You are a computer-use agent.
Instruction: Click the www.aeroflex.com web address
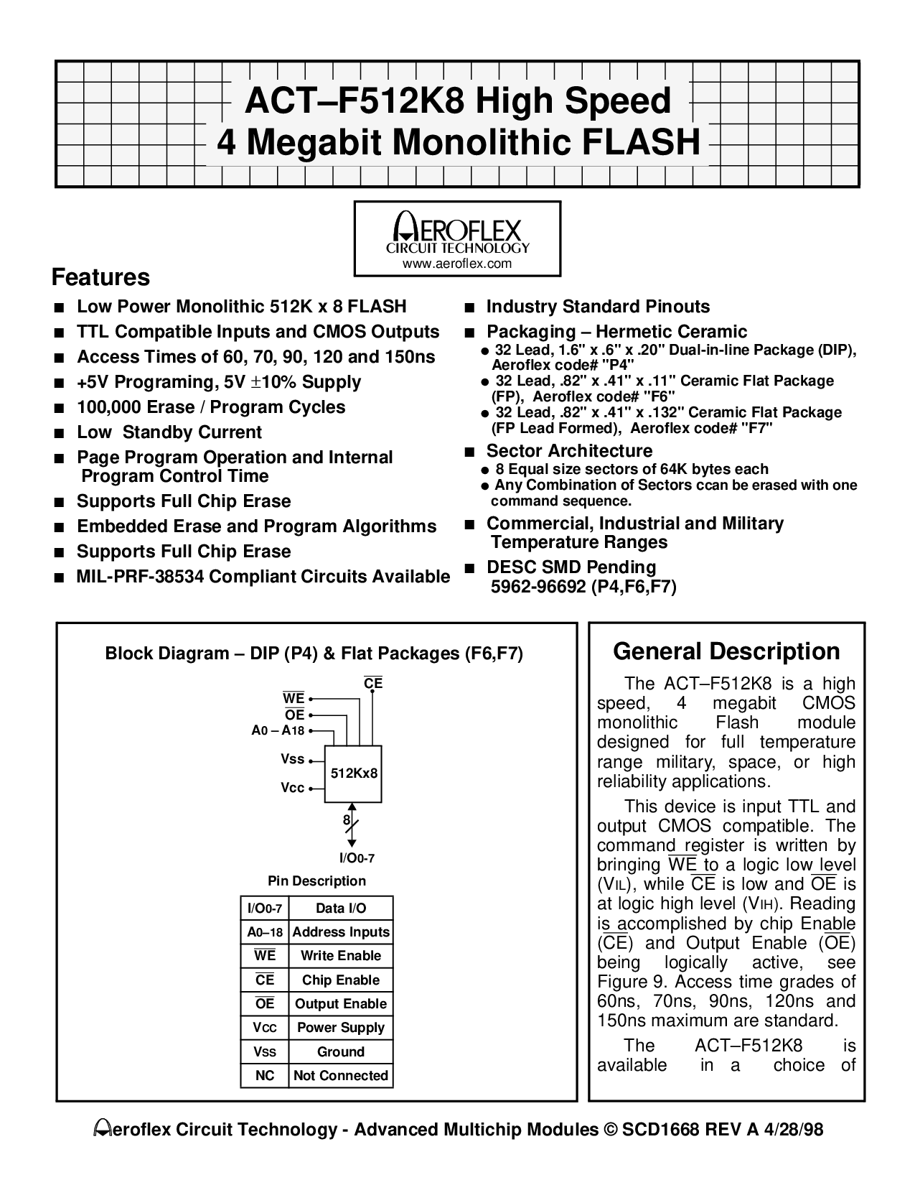[457, 264]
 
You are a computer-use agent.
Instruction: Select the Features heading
[101, 277]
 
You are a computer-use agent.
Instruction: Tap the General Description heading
[726, 651]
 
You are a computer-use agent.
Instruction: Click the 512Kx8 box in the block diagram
[355, 773]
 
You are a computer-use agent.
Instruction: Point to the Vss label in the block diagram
[293, 759]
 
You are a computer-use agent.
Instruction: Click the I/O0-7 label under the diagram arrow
[357, 858]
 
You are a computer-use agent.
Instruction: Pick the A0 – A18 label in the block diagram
[278, 730]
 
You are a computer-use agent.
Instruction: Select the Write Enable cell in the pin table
[341, 956]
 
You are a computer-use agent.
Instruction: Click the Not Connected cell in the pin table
[341, 1075]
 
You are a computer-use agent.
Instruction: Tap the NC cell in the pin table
[265, 1075]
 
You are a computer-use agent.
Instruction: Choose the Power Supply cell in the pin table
[341, 1028]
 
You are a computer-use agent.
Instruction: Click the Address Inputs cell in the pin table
[341, 932]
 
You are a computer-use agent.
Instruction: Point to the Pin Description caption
[316, 880]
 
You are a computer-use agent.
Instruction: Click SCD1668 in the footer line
[656, 1130]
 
